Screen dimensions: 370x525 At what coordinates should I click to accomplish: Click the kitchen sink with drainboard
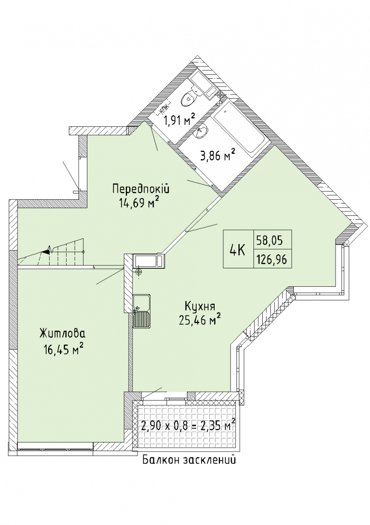(142, 311)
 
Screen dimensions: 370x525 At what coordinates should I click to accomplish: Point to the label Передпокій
(141, 189)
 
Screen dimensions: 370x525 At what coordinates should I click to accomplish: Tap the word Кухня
(200, 306)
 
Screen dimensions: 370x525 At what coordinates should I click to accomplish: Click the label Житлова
(62, 334)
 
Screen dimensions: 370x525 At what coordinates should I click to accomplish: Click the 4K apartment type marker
(238, 250)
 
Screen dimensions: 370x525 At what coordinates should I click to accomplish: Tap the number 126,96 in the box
(271, 260)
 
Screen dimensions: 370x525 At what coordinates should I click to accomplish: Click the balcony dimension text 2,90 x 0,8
(167, 427)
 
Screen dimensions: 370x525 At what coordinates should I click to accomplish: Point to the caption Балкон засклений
(189, 459)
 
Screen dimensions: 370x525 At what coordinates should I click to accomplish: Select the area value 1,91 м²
(178, 120)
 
